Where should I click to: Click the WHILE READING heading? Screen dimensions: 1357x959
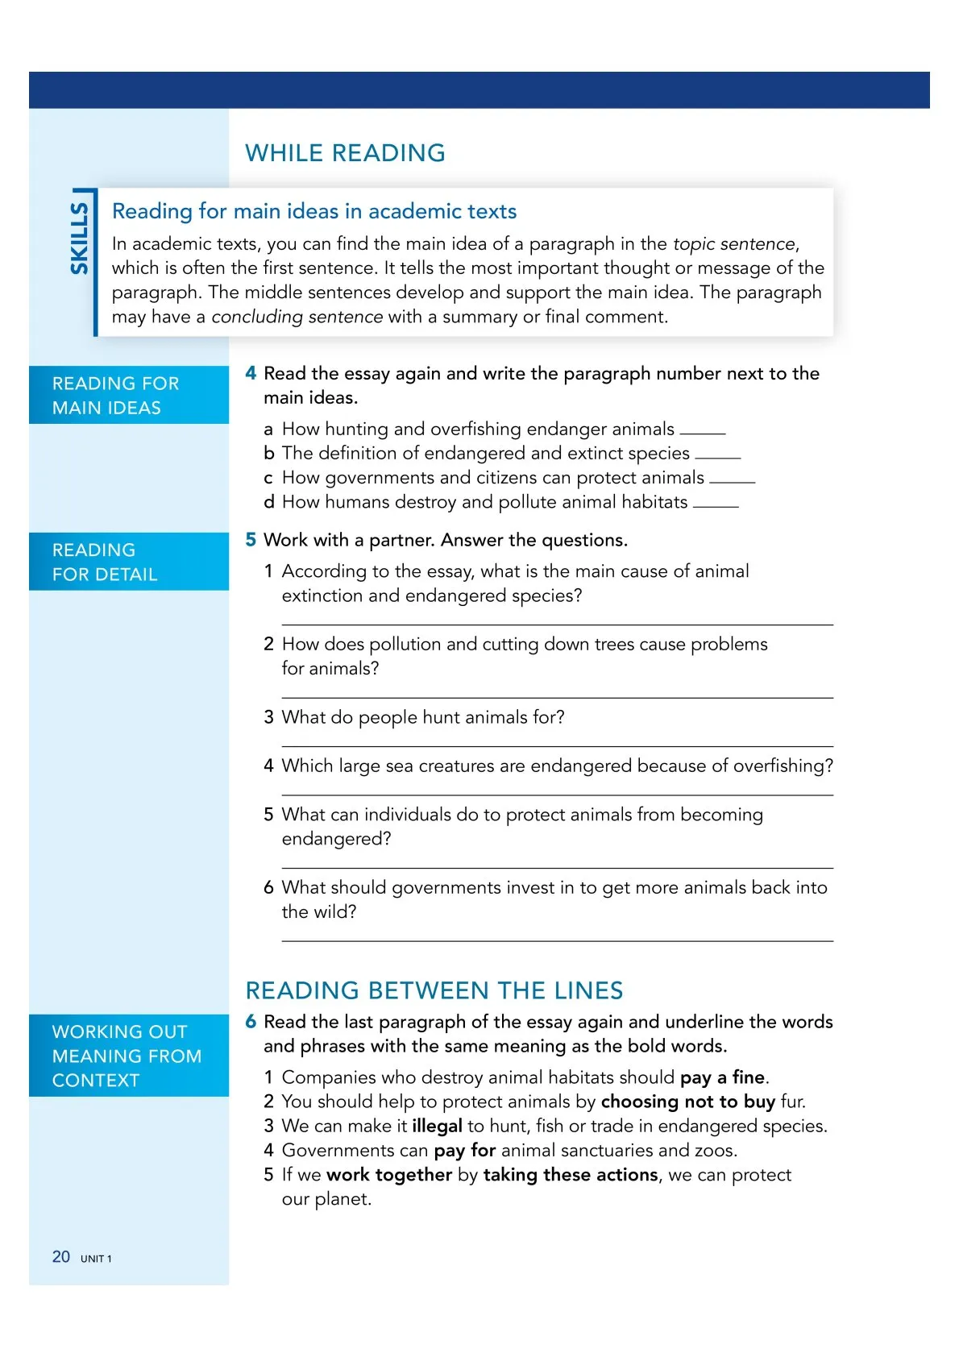point(345,153)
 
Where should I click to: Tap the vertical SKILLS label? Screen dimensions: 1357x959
point(79,239)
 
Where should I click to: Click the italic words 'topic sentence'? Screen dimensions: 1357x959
point(734,244)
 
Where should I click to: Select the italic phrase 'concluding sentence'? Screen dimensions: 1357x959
point(297,317)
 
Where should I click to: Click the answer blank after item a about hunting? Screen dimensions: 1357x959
point(703,432)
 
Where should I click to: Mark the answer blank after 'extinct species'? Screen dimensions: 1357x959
point(717,456)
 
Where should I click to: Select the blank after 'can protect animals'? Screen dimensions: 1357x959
point(732,480)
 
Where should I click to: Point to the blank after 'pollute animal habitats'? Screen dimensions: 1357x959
point(716,504)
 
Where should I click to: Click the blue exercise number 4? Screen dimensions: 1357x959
point(251,373)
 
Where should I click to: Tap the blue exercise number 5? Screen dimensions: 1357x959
point(251,540)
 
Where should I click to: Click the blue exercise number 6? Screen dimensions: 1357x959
point(251,1022)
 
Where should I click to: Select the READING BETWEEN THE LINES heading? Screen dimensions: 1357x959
point(434,990)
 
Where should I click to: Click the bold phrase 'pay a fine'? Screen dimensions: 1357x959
point(722,1077)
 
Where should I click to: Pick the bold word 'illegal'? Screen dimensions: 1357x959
point(437,1126)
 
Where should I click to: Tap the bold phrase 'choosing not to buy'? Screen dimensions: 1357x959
point(687,1102)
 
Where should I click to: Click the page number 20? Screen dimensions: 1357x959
point(61,1257)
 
